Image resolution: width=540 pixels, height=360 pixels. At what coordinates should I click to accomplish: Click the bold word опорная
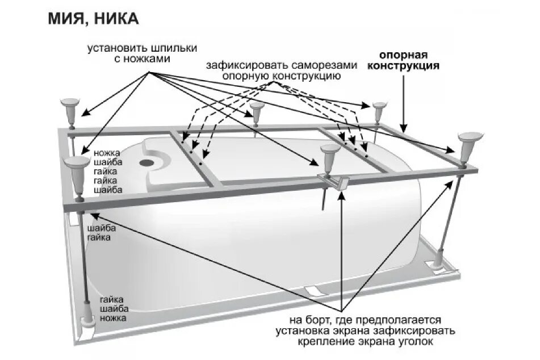tap(403, 56)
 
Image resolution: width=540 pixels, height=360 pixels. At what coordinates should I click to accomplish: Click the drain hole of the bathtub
tap(146, 162)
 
